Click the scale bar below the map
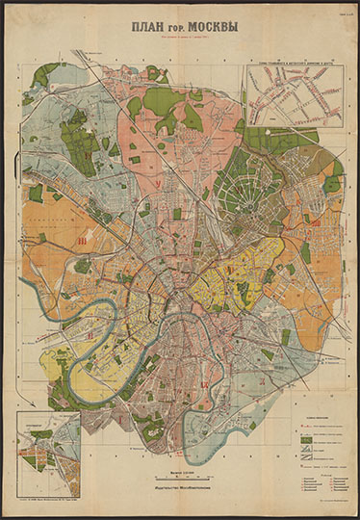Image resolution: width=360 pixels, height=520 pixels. (x=180, y=478)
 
